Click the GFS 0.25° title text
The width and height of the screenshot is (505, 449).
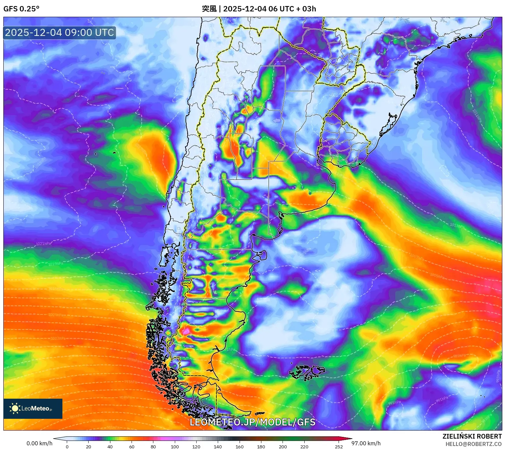point(21,9)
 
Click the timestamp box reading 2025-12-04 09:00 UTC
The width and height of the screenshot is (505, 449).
point(59,33)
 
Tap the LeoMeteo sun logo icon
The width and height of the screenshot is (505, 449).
point(15,408)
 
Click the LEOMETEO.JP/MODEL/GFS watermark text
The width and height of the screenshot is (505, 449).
point(252,422)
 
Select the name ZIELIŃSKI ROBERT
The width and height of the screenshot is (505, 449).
point(472,436)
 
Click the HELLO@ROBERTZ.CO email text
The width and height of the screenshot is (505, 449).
point(473,444)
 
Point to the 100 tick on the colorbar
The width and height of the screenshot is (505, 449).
point(175,446)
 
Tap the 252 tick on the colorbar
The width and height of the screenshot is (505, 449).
point(339,446)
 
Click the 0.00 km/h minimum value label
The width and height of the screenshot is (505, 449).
point(39,443)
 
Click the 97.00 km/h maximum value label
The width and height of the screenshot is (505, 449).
point(366,443)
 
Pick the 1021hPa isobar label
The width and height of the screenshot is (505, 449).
point(44,244)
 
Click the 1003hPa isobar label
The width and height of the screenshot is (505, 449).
point(58,338)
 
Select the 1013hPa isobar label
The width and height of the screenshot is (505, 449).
point(457,226)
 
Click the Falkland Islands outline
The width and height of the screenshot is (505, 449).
point(307,372)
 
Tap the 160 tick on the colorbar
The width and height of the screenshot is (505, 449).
point(240,446)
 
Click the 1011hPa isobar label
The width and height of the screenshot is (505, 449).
point(477,116)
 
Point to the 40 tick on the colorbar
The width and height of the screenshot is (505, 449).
point(110,446)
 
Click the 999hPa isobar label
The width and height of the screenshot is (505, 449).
point(133,360)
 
